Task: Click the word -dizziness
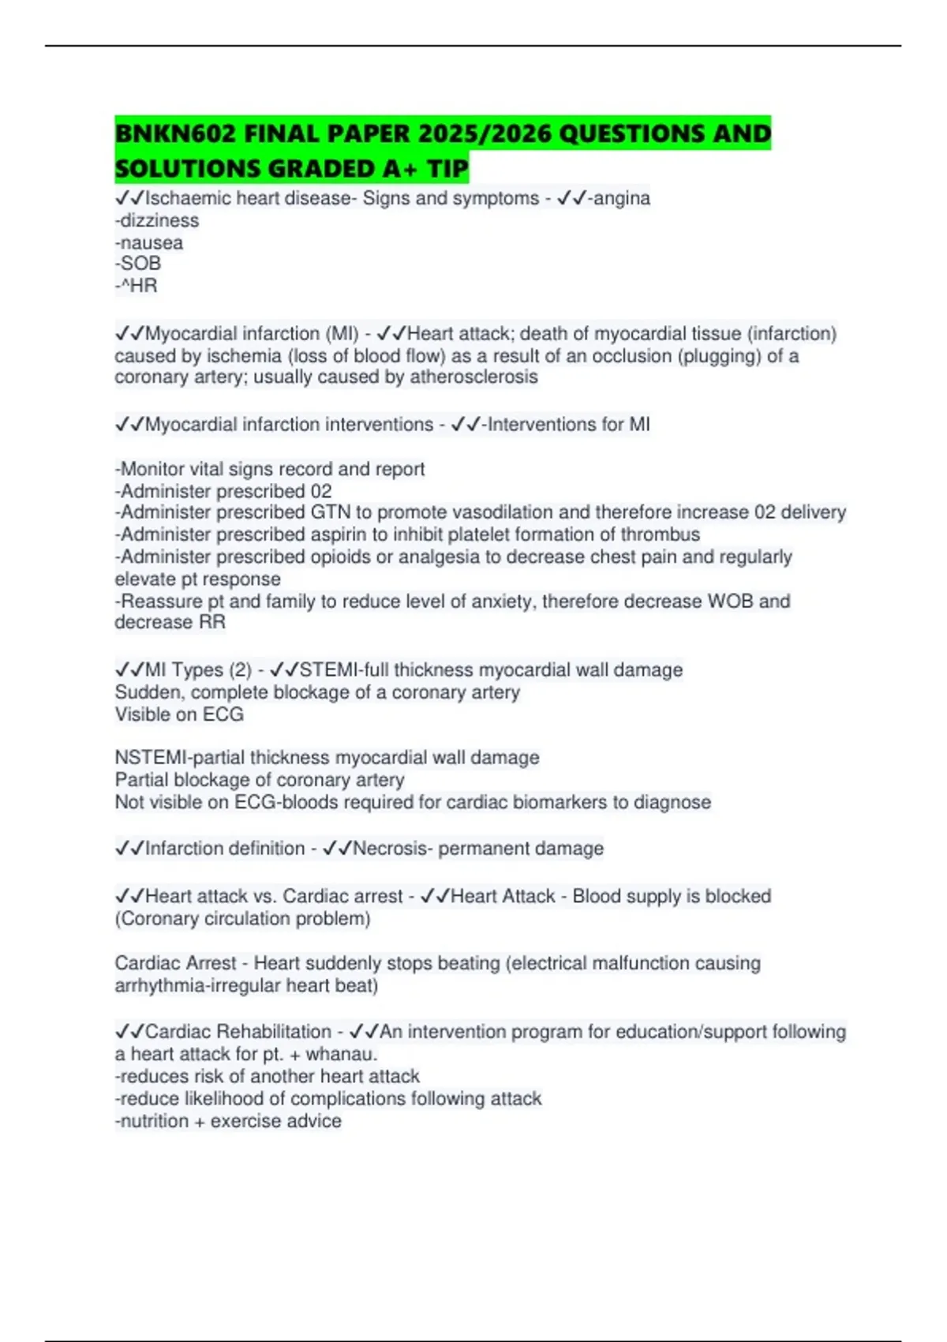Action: (x=157, y=221)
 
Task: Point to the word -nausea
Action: (x=149, y=243)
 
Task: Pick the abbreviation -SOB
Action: (x=138, y=264)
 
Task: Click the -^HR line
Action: (x=137, y=286)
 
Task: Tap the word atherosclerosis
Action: (x=473, y=377)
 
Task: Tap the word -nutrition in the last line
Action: (x=152, y=1121)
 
